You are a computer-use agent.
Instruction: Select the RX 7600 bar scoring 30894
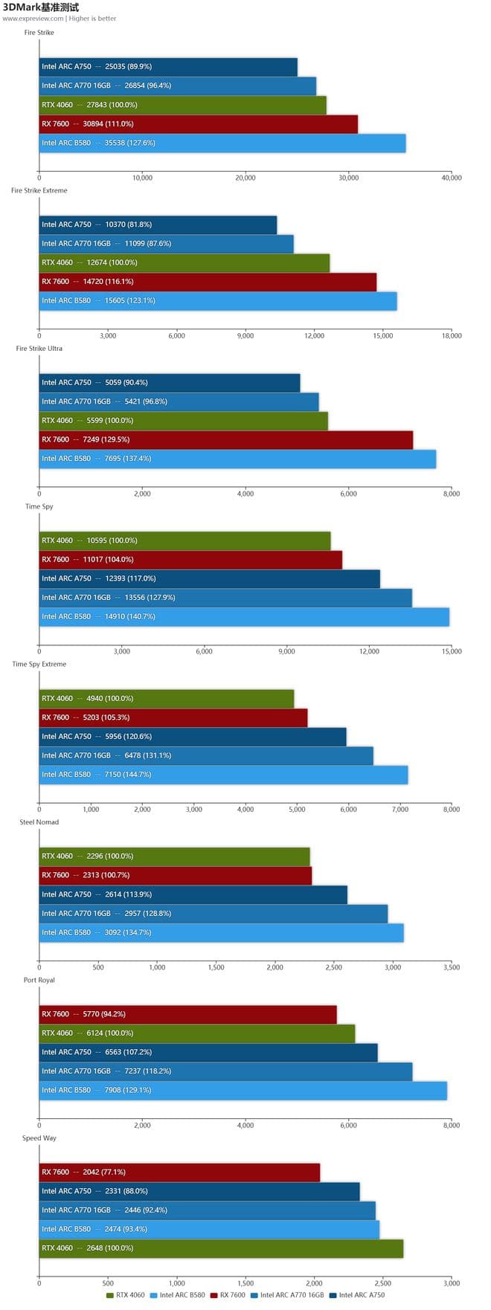pyautogui.click(x=198, y=124)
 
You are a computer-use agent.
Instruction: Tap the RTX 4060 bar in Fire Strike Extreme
pyautogui.click(x=184, y=262)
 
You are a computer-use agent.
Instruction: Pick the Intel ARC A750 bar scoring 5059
pyautogui.click(x=169, y=383)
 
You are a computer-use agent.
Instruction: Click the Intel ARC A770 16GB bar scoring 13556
pyautogui.click(x=225, y=598)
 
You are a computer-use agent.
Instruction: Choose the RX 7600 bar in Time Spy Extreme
pyautogui.click(x=173, y=718)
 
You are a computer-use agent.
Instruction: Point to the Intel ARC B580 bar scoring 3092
pyautogui.click(x=221, y=933)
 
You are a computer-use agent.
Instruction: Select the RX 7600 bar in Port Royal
pyautogui.click(x=187, y=1015)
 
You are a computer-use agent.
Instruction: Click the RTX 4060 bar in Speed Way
pyautogui.click(x=220, y=1248)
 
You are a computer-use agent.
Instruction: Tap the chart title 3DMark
pyautogui.click(x=41, y=7)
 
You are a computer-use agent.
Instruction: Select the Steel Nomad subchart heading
pyautogui.click(x=39, y=822)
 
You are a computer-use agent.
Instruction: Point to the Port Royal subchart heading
pyautogui.click(x=39, y=981)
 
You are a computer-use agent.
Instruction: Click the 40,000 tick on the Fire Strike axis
pyautogui.click(x=451, y=178)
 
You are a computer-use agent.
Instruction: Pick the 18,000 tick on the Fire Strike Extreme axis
pyautogui.click(x=451, y=336)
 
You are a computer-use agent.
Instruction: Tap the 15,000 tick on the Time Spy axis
pyautogui.click(x=451, y=652)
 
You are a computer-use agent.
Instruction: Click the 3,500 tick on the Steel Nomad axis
pyautogui.click(x=451, y=968)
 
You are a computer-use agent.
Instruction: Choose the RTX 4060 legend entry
pyautogui.click(x=126, y=1295)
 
